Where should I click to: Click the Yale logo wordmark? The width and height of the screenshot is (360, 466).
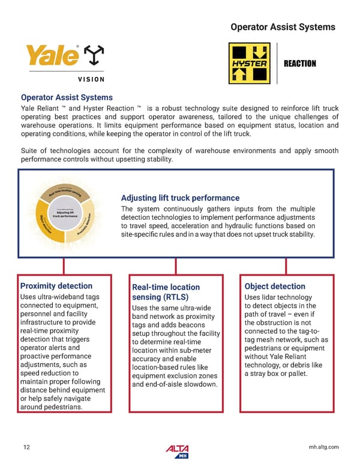[x=52, y=57]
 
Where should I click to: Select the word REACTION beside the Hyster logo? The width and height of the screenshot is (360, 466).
[x=299, y=64]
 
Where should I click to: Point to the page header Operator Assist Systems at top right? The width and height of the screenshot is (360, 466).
[x=283, y=27]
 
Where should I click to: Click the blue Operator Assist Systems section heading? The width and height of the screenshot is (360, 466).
[x=67, y=97]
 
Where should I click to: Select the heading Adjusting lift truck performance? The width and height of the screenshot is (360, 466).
[x=180, y=198]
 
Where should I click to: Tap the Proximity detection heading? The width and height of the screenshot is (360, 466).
[x=56, y=286]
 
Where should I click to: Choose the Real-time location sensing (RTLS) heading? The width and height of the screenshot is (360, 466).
[x=166, y=292]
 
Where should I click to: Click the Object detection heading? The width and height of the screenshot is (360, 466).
[x=275, y=286]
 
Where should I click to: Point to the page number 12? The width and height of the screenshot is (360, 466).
[x=27, y=447]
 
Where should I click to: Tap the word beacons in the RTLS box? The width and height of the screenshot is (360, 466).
[x=193, y=325]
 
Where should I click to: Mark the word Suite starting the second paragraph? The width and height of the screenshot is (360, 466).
[x=31, y=151]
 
